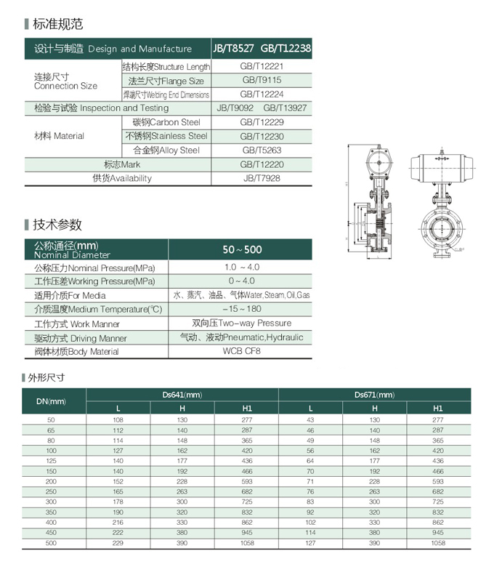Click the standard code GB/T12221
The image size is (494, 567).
click(x=262, y=66)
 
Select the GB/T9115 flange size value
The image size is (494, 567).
click(x=262, y=80)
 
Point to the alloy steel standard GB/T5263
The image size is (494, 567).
click(x=262, y=150)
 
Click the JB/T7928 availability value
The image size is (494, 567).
click(x=262, y=178)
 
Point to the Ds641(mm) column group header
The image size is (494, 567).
click(x=182, y=395)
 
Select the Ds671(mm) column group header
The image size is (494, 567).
click(x=374, y=395)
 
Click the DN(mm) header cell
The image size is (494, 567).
click(x=51, y=401)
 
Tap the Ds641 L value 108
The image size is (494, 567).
click(x=118, y=420)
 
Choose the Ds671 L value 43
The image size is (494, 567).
click(x=310, y=420)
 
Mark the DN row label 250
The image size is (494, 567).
click(x=51, y=491)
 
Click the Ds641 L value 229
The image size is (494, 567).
click(x=118, y=543)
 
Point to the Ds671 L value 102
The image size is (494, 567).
click(x=310, y=522)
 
